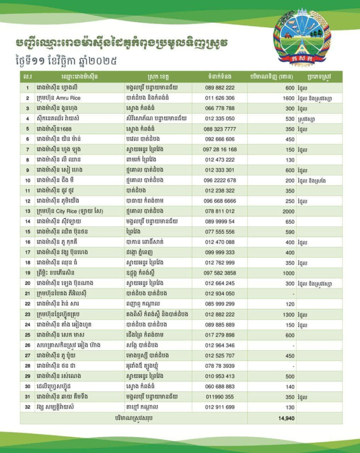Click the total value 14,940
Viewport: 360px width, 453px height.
point(286,419)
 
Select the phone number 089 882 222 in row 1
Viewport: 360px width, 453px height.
point(220,87)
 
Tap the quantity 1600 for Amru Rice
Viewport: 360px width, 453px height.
point(287,98)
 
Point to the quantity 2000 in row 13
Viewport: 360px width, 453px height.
point(287,211)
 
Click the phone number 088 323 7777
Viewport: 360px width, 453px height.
point(220,129)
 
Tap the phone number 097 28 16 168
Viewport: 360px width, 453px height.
point(220,149)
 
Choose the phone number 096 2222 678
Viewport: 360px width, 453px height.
point(220,180)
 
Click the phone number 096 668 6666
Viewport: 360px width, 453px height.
point(220,201)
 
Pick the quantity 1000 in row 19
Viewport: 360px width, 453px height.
point(287,273)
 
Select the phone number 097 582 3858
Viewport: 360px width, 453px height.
point(220,273)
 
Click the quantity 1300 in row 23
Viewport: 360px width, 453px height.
point(287,314)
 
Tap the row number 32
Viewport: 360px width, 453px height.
point(26,407)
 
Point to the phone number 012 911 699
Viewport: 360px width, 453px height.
point(220,407)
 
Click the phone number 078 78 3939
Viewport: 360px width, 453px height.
point(220,366)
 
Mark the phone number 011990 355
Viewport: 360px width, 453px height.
point(220,396)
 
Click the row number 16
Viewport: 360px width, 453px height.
point(26,242)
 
